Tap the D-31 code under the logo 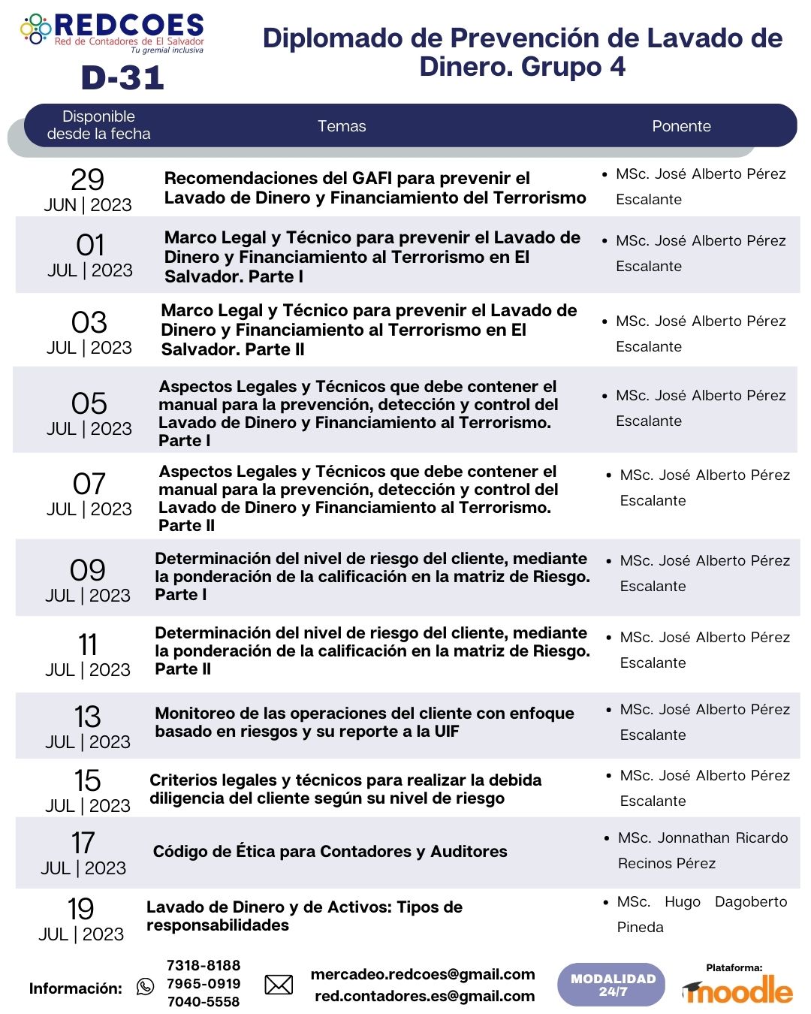[122, 77]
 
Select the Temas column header [342, 126]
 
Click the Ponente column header [681, 126]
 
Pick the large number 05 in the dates [89, 403]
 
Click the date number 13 [88, 717]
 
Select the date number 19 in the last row [81, 909]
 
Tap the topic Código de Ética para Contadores [330, 851]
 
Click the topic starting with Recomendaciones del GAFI [375, 188]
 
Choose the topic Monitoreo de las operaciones [364, 722]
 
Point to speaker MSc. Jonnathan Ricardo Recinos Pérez [703, 850]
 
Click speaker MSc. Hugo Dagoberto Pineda [701, 914]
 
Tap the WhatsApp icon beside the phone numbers [146, 986]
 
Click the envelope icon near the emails [279, 984]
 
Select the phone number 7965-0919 [204, 983]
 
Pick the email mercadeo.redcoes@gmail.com [423, 974]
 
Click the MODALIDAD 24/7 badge [612, 985]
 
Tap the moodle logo [737, 991]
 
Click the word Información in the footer [75, 988]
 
